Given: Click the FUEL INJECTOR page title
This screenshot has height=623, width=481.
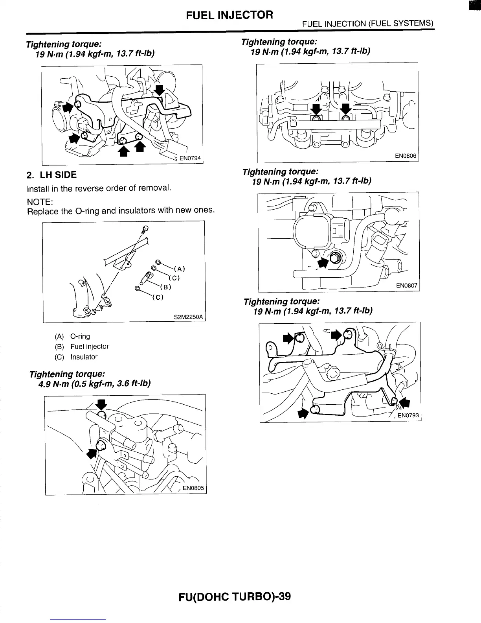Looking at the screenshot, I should pos(229,15).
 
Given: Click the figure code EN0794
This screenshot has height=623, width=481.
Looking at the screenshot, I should pos(190,159).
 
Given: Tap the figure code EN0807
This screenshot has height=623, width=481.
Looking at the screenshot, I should pos(406,286).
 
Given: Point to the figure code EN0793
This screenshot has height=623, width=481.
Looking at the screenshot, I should pos(408,415).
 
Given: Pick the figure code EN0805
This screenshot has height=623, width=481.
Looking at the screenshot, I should pos(193,488).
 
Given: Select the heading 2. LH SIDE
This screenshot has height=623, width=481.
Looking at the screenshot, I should pos(51,175).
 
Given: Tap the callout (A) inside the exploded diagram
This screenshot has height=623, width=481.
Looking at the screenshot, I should pos(179,269).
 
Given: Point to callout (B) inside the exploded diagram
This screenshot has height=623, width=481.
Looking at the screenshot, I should pos(167,287).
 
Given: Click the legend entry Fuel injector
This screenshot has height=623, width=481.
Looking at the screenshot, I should pos(90,347).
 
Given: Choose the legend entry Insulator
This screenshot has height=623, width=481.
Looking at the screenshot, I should pos(84,357).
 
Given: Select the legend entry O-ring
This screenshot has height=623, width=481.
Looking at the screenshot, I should pos(80,336).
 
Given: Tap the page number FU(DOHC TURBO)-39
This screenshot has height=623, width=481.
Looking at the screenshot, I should pos(235,596).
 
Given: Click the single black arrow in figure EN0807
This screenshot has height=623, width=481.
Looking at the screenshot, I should pos(323,263).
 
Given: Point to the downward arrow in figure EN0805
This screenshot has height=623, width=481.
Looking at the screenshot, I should pos(102,404).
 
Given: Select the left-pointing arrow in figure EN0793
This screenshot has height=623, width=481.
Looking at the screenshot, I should pos(404,402).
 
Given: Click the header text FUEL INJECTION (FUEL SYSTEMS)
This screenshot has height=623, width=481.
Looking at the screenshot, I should pos(367,24).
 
